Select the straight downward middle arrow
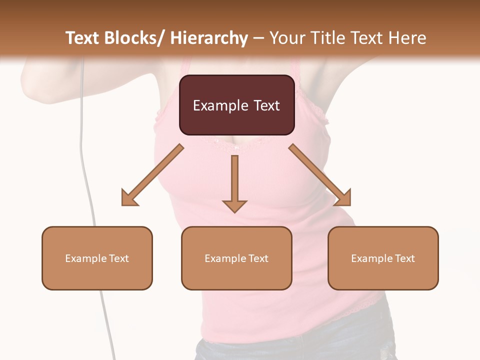click(234, 182)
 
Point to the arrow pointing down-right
click(320, 175)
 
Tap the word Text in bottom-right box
click(404, 258)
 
